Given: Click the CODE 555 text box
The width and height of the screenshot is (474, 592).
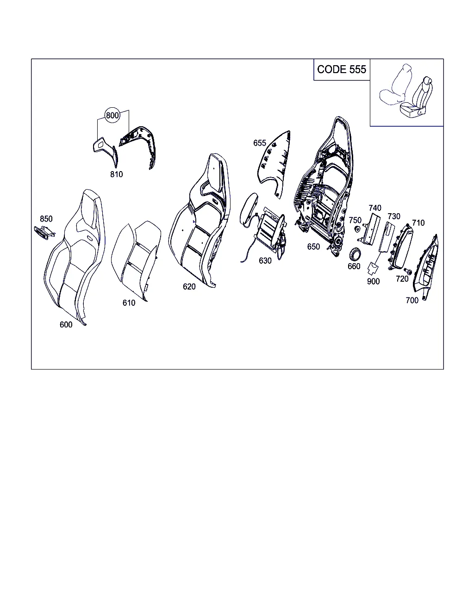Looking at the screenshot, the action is (x=342, y=69).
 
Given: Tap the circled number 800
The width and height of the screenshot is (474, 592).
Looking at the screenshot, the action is (x=112, y=115).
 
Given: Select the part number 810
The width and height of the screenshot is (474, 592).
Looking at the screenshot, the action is (x=116, y=174).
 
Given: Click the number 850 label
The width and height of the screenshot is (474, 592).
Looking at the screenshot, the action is (x=46, y=219).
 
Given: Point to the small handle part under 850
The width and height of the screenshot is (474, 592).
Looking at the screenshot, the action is (x=44, y=233).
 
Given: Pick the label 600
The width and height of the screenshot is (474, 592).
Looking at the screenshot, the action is (x=66, y=325).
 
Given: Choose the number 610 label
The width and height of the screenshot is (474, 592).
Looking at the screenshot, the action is (x=129, y=303).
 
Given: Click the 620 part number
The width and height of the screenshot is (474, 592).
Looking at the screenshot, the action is (x=189, y=287).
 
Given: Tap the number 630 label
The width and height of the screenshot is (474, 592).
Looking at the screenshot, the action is (x=265, y=260).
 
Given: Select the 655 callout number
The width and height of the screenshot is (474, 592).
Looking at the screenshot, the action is (x=259, y=143).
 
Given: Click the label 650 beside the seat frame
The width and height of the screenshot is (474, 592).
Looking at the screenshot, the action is (x=313, y=247).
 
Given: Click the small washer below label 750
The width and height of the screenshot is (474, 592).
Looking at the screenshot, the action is (x=357, y=229).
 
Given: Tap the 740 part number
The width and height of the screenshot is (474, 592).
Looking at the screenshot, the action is (x=375, y=208).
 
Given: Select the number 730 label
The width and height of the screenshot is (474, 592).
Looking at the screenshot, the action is (x=394, y=216).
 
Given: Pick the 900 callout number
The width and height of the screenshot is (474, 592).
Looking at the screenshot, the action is (x=373, y=281).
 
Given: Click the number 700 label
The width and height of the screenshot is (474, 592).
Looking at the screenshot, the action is (x=412, y=301).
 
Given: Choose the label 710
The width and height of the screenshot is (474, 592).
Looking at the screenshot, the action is (x=418, y=223).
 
